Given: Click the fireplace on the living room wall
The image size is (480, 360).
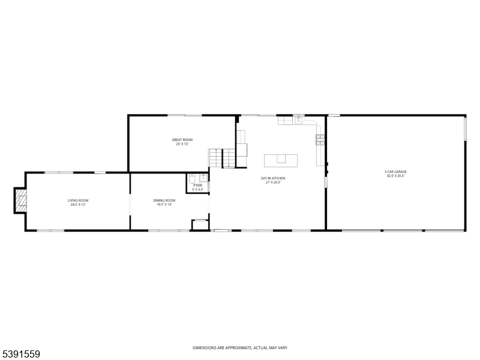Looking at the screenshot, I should pos(21,200).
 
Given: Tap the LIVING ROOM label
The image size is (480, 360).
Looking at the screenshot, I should pos(78,200).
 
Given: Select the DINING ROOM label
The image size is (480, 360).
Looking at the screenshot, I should pos(164,200).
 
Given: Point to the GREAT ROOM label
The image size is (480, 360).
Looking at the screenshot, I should pos(182,140).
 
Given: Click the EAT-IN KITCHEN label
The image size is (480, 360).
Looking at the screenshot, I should pos(272,178).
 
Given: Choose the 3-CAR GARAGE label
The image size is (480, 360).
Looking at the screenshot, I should pos(395,172).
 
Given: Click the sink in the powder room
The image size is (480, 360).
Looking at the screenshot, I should pos(203,178).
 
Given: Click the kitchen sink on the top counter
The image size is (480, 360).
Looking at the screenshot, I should pos(298,121).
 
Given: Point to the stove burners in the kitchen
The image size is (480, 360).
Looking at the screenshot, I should pos(320,140).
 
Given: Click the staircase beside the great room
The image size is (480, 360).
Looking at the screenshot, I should pos(223,158).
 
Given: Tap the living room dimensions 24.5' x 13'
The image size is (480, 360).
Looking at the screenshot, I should pos(78,205).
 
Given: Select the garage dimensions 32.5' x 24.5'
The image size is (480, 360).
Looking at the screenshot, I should pos(395,176).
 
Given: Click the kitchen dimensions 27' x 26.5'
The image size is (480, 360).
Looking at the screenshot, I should pos(272,182).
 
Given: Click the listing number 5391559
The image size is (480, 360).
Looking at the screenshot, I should pos(21,355).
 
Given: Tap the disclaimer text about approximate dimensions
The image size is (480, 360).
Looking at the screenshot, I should pos(239,348).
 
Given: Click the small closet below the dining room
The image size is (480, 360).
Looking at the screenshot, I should pos(199,226).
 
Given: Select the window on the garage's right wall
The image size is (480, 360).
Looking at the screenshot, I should pos(465,128).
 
